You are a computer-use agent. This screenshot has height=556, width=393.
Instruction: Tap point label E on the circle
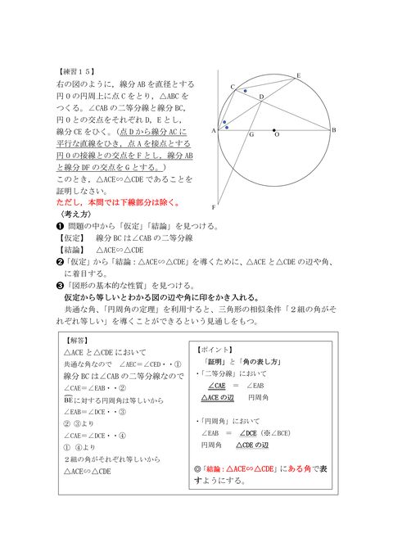pyautogui.click(x=297, y=75)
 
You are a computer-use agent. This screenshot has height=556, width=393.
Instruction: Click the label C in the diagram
pyautogui.click(x=233, y=86)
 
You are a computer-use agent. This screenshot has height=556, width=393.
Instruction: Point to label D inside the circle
pyautogui.click(x=260, y=97)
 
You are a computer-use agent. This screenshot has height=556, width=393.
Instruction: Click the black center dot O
pyautogui.click(x=274, y=129)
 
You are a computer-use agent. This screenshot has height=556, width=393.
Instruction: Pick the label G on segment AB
pyautogui.click(x=251, y=134)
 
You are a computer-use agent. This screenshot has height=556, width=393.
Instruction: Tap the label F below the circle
pyautogui.click(x=214, y=207)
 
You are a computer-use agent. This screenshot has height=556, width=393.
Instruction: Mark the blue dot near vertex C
pyautogui.click(x=245, y=91)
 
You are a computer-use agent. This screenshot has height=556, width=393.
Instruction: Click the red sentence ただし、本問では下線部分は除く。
pyautogui.click(x=118, y=202)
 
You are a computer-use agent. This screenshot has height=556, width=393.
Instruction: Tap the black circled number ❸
pyautogui.click(x=60, y=285)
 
